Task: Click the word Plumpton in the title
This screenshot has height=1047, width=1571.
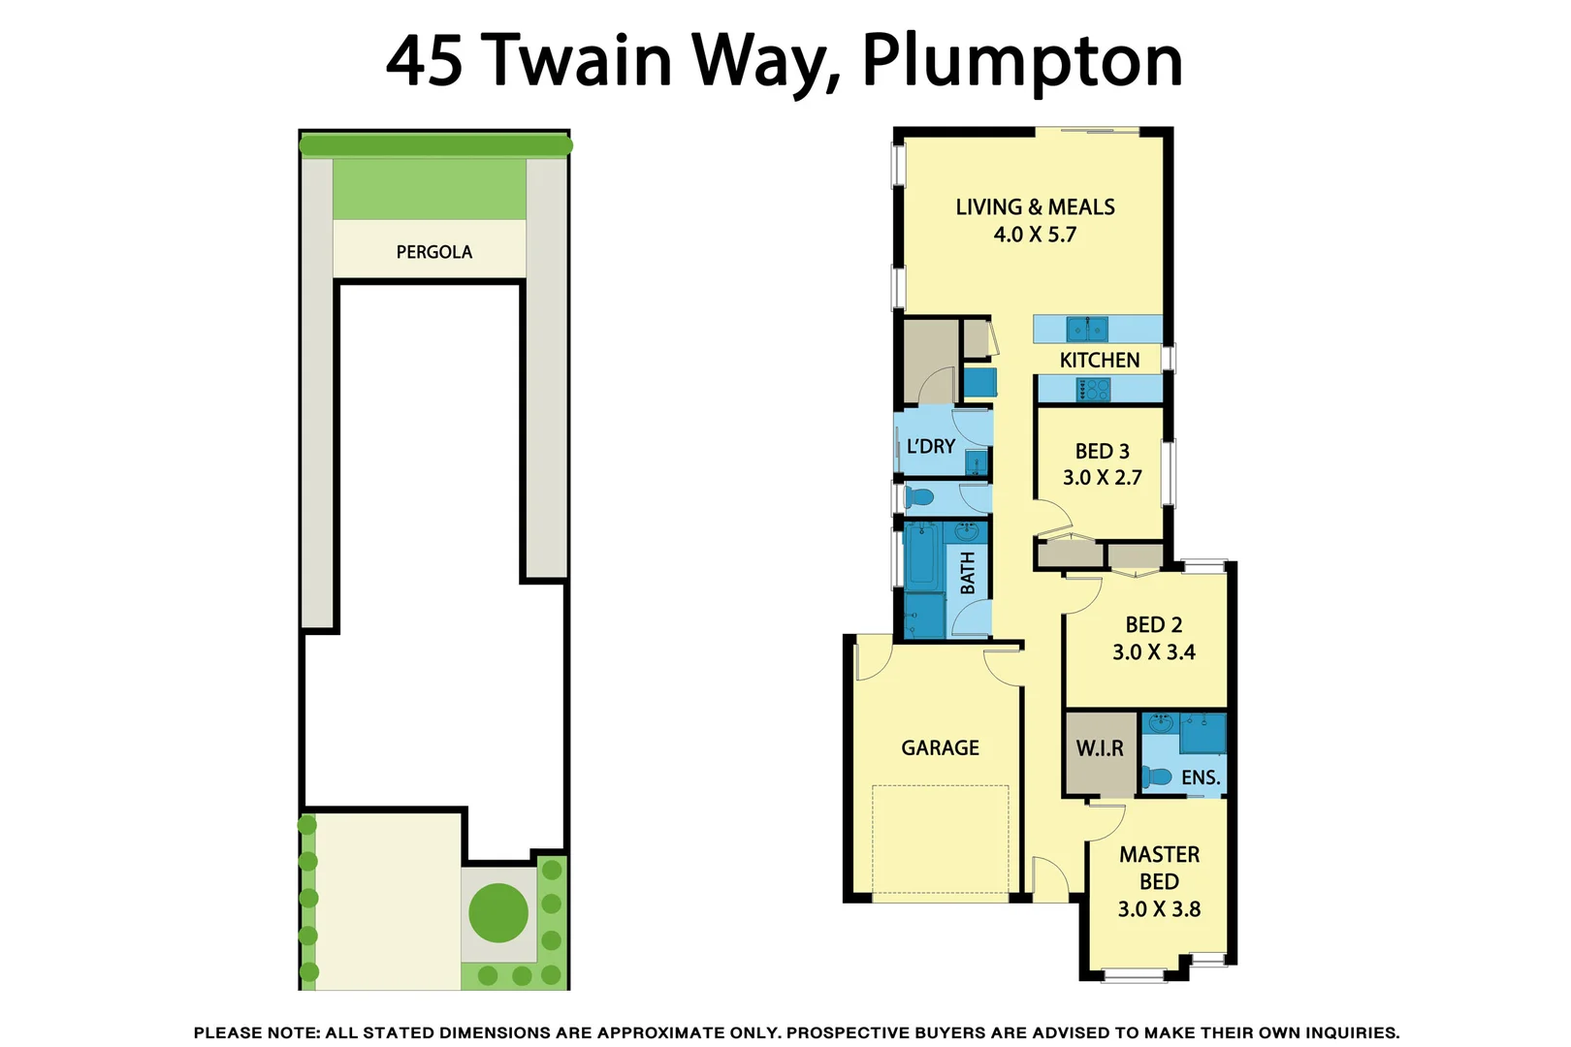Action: (1022, 62)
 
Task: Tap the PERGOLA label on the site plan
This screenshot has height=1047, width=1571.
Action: (433, 252)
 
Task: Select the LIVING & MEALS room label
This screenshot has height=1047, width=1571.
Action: (1035, 206)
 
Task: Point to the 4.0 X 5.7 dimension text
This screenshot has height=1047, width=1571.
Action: (1035, 235)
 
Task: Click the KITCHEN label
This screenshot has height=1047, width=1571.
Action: (1099, 360)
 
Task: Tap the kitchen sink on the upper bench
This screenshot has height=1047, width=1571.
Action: (1086, 329)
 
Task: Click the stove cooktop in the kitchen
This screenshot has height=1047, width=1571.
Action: (1094, 390)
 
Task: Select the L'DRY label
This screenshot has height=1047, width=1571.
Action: (931, 447)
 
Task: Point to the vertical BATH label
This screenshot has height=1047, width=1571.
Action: (968, 573)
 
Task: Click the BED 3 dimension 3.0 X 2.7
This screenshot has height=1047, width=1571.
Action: (1102, 478)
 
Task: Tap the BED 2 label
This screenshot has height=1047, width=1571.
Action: (1153, 625)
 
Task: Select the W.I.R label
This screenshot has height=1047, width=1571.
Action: (1099, 748)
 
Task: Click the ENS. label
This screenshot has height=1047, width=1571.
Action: (1200, 777)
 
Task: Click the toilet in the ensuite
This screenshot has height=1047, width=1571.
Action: (1156, 777)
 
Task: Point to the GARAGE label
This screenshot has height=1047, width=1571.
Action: (940, 747)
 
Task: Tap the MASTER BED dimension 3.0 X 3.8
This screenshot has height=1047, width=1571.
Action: (1159, 909)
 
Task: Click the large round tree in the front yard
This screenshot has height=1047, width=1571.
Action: (498, 912)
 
